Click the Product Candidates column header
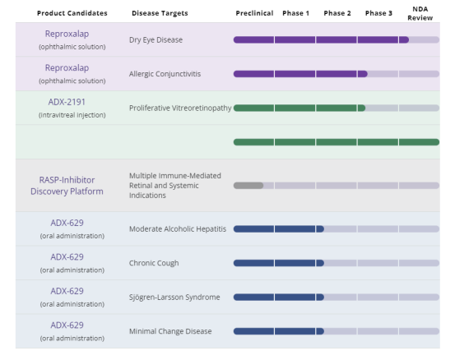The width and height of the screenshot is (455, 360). [72, 13]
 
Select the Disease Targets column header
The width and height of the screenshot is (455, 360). [160, 13]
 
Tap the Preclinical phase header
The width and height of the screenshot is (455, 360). [254, 13]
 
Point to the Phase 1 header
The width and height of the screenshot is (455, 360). [295, 13]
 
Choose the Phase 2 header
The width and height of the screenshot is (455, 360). [337, 13]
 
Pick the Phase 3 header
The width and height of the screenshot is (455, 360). [378, 13]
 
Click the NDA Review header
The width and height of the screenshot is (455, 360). [420, 13]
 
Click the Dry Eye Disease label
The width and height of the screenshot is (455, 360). [156, 39]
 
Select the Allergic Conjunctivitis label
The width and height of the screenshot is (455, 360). [165, 74]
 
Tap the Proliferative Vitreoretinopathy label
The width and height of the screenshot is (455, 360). [180, 108]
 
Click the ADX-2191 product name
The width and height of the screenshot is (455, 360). [67, 102]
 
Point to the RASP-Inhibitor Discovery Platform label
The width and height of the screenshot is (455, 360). [67, 186]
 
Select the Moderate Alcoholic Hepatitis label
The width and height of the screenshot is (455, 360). [178, 229]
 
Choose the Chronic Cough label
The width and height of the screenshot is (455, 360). [154, 263]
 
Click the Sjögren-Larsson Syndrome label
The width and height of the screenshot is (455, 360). [174, 297]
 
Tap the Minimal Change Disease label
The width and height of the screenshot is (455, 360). [170, 331]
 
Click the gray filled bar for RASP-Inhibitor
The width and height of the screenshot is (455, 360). [248, 186]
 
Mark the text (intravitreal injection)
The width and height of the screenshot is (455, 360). [72, 115]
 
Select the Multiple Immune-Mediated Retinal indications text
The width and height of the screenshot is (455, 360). [175, 186]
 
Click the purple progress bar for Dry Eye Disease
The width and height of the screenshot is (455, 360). [321, 39]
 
